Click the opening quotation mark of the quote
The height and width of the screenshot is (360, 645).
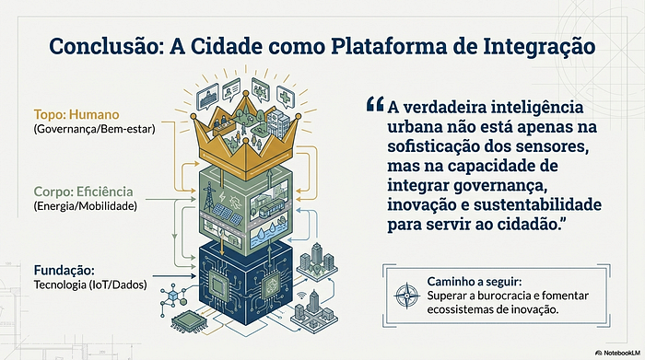[375, 103]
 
